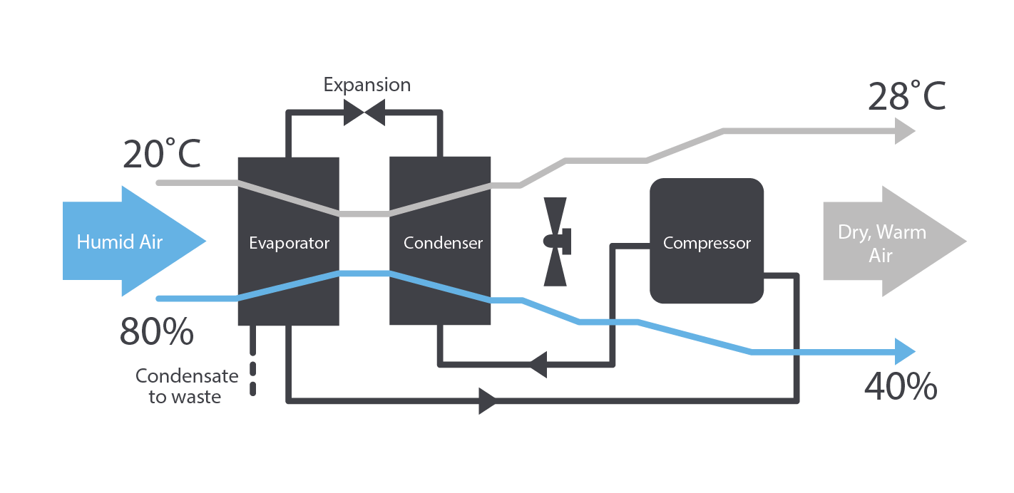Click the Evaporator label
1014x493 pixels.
point(289,243)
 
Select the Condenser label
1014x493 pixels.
point(443,243)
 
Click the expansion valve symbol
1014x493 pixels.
point(364,112)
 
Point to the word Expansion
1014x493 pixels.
point(367,85)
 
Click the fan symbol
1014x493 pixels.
point(557,242)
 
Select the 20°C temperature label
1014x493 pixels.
point(161,154)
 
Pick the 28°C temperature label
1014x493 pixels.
point(906,97)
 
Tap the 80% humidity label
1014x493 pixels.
point(156,332)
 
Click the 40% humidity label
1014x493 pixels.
point(900,387)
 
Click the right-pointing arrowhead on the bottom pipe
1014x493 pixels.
point(488,401)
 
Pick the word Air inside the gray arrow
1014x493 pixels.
point(881,256)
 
